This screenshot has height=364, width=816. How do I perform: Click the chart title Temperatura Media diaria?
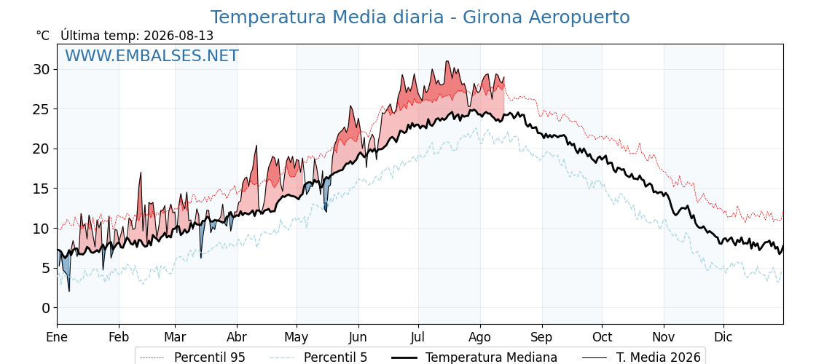click(x=327, y=17)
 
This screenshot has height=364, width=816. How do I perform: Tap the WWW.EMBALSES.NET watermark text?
click(x=152, y=55)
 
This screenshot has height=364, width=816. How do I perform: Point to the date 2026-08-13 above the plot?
click(x=178, y=36)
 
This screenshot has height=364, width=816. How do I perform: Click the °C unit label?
click(x=43, y=36)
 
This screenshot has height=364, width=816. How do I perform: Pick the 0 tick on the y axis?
click(x=47, y=308)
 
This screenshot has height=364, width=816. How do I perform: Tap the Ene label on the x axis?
click(x=57, y=337)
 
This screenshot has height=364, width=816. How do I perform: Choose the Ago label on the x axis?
click(x=479, y=338)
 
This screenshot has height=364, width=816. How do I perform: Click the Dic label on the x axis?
click(x=723, y=337)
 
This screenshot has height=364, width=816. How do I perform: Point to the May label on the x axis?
click(x=296, y=338)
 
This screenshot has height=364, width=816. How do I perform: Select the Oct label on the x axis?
click(x=602, y=337)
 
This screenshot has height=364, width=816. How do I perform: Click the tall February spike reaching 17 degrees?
click(x=141, y=173)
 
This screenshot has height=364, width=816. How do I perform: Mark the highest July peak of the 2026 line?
click(x=447, y=61)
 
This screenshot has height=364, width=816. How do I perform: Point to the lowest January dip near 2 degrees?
click(x=68, y=290)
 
